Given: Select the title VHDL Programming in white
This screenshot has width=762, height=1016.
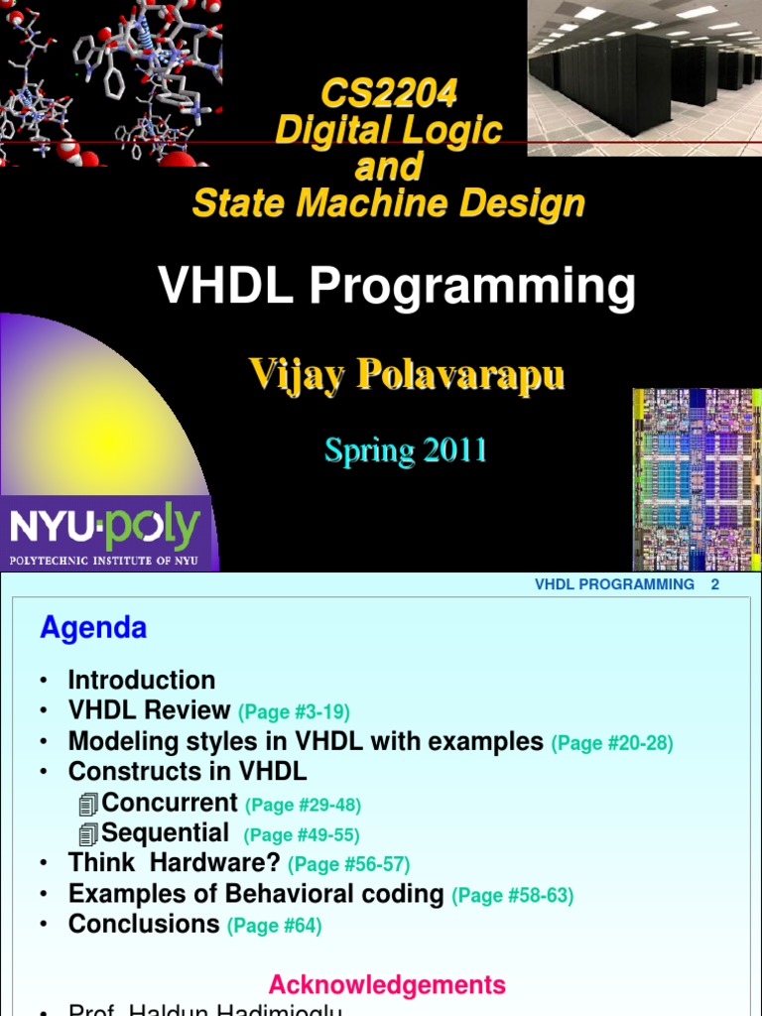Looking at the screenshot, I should [x=397, y=287].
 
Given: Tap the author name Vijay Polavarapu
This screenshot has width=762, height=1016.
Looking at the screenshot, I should [x=407, y=375].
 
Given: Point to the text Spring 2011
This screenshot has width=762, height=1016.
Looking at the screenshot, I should [x=406, y=450].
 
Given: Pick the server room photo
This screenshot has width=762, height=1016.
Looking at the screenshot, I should [x=644, y=77].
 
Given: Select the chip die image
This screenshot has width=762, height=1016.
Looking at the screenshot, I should [x=697, y=478].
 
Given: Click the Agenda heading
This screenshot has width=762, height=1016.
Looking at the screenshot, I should [x=93, y=627].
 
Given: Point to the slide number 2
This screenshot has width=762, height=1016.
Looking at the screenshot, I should [x=714, y=584].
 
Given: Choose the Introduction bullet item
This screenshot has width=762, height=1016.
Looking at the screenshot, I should [x=141, y=681].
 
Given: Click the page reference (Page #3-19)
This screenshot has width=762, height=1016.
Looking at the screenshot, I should [x=294, y=712].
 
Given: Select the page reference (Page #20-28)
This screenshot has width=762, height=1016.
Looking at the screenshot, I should [x=612, y=743].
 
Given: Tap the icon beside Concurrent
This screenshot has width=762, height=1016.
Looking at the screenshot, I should [x=88, y=805].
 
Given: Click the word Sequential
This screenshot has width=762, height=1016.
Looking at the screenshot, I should [x=165, y=833].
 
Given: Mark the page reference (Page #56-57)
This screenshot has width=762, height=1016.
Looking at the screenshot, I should [x=348, y=865].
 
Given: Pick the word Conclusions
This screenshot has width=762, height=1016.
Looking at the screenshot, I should [x=144, y=924].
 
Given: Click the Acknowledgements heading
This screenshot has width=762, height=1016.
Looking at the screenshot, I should [x=387, y=985].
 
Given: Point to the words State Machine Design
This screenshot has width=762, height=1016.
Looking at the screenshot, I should [x=388, y=203].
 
